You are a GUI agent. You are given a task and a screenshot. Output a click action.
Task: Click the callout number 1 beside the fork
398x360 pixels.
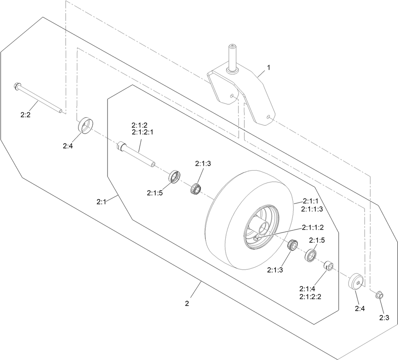coord(269,68)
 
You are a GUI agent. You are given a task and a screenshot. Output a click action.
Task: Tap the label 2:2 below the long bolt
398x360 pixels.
coord(25,115)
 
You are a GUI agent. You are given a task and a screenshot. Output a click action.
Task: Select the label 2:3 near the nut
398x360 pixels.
coord(384,317)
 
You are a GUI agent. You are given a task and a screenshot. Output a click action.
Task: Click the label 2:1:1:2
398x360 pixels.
coord(313,227)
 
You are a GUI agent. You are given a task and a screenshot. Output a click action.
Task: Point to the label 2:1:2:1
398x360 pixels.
coord(142,132)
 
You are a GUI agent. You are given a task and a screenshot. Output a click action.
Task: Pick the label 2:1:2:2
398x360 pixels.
coord(310,296)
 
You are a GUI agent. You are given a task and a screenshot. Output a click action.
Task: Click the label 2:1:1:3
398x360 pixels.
coord(312,209)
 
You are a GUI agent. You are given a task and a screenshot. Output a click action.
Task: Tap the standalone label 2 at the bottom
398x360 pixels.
coord(187,304)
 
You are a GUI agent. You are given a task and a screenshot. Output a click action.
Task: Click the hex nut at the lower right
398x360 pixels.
coord(379,295)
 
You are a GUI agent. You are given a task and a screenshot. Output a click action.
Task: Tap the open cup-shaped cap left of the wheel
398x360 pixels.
coord(85,125)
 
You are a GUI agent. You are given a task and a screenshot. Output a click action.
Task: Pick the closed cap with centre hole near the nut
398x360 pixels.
coord(356,281)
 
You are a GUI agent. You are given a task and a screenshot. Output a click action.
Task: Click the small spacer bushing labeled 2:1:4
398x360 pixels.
coord(328,267)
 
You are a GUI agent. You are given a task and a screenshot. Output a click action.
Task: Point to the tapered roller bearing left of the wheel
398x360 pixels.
coord(196,188)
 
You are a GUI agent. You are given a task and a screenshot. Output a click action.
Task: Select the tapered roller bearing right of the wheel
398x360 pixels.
coord(293,245)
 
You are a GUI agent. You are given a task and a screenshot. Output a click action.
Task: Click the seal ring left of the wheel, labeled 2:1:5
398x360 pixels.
coord(175,177)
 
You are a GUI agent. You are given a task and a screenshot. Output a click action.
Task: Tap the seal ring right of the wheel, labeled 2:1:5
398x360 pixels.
coord(310,256)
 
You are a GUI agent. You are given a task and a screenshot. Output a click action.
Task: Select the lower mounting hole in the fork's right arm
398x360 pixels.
coord(268,117)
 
